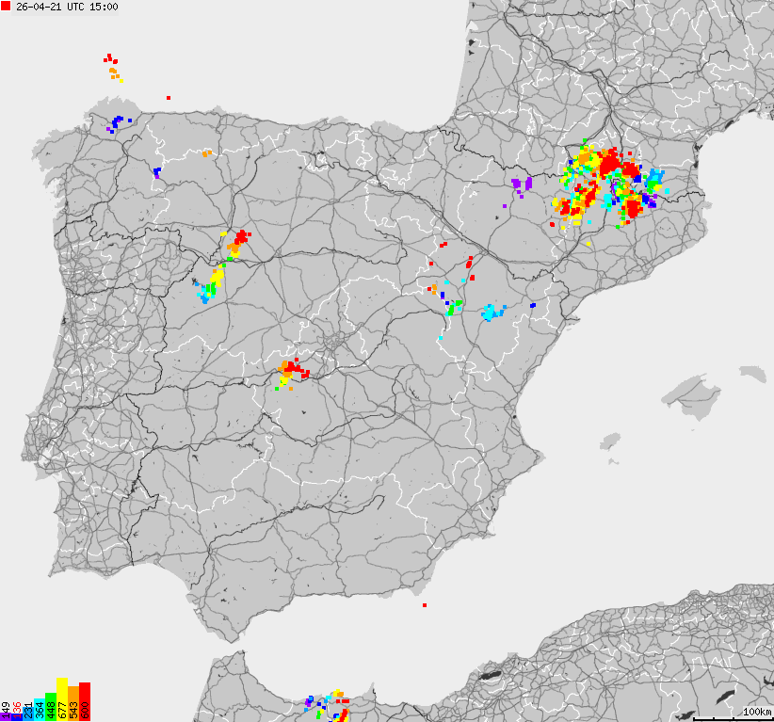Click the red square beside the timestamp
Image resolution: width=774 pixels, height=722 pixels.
coord(7,7)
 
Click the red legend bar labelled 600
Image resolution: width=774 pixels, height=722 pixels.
coord(85,701)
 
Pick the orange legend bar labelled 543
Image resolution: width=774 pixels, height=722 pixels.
coord(73,703)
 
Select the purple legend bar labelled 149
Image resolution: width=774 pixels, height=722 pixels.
coord(6,712)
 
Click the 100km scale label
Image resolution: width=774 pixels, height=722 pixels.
coord(757,712)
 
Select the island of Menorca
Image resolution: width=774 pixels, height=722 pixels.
coord(753,374)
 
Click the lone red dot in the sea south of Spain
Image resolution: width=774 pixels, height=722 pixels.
coord(425,605)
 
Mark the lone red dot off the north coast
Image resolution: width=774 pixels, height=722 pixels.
coord(169,97)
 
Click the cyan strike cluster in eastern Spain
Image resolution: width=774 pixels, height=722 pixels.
coord(491,313)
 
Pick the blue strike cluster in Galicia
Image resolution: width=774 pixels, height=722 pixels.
coord(118,122)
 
